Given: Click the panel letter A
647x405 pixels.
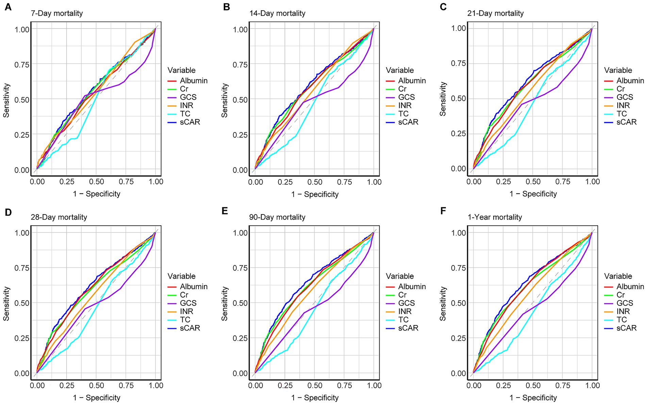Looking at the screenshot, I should [7, 7].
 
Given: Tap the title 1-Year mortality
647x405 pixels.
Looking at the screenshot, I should [495, 217].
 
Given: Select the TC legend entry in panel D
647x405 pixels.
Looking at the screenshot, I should [185, 320].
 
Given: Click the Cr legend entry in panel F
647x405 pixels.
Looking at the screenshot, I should [621, 295].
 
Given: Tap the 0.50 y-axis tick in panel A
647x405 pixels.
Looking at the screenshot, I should [21, 99].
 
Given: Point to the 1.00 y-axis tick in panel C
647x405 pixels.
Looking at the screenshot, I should [458, 28].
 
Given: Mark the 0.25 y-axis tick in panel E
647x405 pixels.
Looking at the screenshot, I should [239, 338].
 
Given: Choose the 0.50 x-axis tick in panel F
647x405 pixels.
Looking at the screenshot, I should [533, 386].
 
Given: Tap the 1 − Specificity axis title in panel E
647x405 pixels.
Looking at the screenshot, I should [315, 398].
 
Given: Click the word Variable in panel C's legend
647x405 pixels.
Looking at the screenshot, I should [618, 70].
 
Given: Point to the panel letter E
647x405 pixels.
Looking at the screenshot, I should [225, 211].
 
